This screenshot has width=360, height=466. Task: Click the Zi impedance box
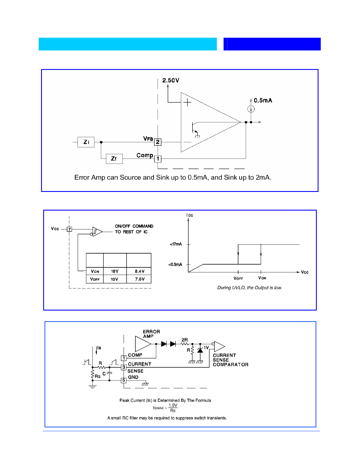click(x=86, y=142)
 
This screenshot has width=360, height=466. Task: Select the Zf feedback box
click(x=114, y=159)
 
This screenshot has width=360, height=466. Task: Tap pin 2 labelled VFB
click(x=158, y=142)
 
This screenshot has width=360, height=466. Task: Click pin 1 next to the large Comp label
click(x=158, y=159)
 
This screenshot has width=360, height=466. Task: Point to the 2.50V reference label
click(x=171, y=80)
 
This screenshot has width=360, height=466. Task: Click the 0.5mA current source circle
click(x=251, y=109)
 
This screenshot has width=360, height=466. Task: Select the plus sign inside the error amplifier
click(x=187, y=103)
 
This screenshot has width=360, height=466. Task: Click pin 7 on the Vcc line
click(x=69, y=229)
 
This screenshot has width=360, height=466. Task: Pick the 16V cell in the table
click(x=115, y=271)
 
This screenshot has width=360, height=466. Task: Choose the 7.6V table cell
click(x=139, y=279)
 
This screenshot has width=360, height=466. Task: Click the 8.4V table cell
click(x=139, y=271)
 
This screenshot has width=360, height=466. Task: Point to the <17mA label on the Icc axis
click(x=176, y=244)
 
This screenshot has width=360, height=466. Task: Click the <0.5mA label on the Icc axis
click(x=175, y=264)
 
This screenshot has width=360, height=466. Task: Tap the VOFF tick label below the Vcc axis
click(x=238, y=278)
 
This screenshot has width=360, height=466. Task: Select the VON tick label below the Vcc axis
click(x=262, y=278)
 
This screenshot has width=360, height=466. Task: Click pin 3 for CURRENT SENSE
click(x=124, y=367)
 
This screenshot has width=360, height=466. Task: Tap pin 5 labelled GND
click(x=124, y=380)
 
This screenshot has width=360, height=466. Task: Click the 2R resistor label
click(x=185, y=340)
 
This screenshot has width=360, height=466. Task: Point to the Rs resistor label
click(x=97, y=376)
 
